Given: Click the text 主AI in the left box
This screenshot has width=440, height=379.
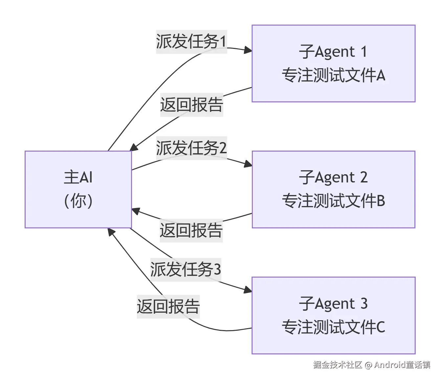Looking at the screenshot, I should click(78, 178).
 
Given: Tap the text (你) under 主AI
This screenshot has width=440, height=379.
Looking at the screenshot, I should click(78, 201).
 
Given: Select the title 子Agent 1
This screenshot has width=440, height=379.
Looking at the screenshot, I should click(333, 52).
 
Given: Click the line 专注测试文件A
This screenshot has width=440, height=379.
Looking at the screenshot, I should click(333, 75).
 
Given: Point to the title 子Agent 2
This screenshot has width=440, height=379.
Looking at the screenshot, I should click(333, 178).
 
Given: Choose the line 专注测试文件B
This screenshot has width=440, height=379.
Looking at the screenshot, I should click(333, 201).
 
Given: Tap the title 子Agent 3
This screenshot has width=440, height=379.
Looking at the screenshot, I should click(333, 304).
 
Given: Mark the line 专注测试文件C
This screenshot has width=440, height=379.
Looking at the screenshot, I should click(333, 327).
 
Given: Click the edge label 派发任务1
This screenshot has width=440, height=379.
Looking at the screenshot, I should click(191, 42).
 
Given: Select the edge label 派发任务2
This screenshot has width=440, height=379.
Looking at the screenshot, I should click(191, 148).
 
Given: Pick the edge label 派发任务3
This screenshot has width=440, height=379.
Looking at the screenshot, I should click(186, 269).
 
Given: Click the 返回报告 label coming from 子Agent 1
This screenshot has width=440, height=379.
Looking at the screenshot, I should click(191, 105).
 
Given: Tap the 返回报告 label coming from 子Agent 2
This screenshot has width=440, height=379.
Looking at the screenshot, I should click(191, 230).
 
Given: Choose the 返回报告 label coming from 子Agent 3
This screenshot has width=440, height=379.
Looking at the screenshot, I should click(168, 306).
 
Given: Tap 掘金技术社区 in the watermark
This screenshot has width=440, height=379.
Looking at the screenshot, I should click(337, 365).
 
